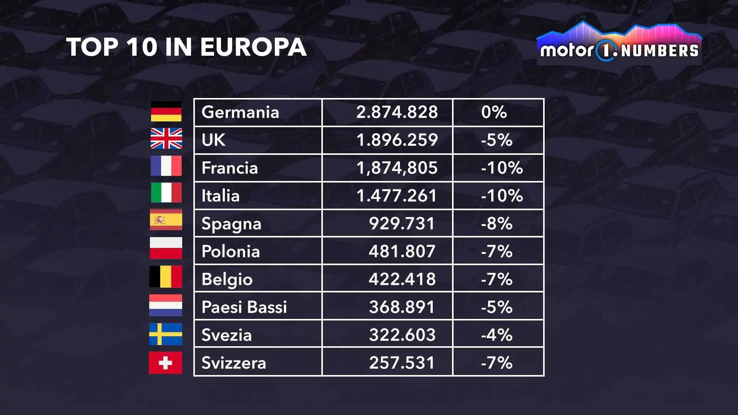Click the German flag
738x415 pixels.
point(166,111)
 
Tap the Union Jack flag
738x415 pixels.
point(166,138)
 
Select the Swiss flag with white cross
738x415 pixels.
point(165,362)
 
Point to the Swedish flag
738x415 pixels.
point(166,334)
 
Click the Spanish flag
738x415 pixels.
point(166,220)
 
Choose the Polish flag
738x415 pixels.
point(166,248)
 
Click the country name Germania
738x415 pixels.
point(240,112)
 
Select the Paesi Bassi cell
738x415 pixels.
point(244,307)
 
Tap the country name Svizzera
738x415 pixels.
point(234,363)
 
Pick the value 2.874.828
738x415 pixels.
point(397,112)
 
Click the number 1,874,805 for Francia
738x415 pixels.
point(397,168)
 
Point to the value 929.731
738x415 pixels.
point(402,224)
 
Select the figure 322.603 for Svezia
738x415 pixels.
point(402,335)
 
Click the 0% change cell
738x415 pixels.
point(494,112)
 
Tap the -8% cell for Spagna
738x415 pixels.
point(497,224)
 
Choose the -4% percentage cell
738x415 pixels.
point(497,335)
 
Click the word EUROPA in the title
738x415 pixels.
point(253,47)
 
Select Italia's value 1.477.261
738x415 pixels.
point(397,196)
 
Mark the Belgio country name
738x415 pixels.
point(227,279)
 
